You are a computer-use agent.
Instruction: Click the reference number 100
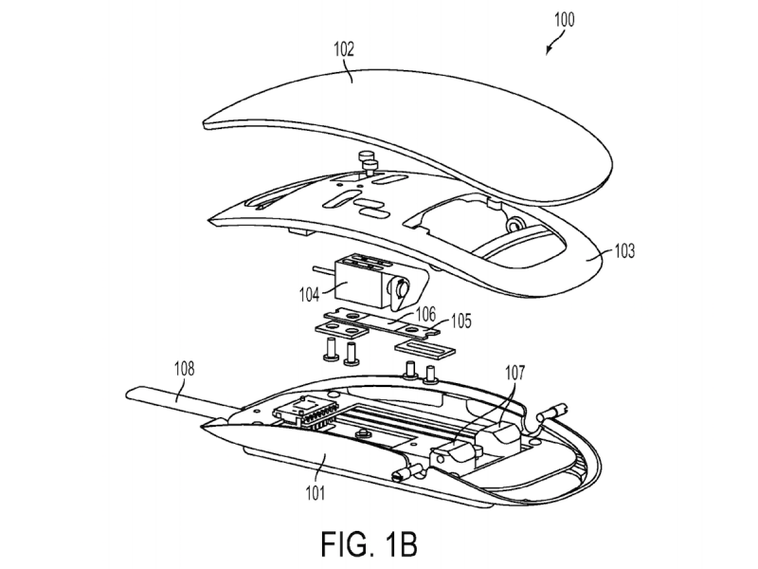564,20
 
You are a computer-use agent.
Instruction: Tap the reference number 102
344,49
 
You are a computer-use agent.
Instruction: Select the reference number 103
624,251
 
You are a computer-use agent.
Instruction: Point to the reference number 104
310,294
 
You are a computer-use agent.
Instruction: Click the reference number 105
460,321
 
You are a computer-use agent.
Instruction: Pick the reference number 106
425,315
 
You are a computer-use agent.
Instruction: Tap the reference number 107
514,373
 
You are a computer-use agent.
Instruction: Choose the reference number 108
184,369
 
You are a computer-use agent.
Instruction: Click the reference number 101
315,493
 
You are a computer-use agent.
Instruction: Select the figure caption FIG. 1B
369,543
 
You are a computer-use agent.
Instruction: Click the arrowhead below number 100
549,50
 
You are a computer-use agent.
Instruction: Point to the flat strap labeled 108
179,400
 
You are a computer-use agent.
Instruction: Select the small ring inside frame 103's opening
514,224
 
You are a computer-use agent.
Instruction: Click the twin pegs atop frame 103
369,163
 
